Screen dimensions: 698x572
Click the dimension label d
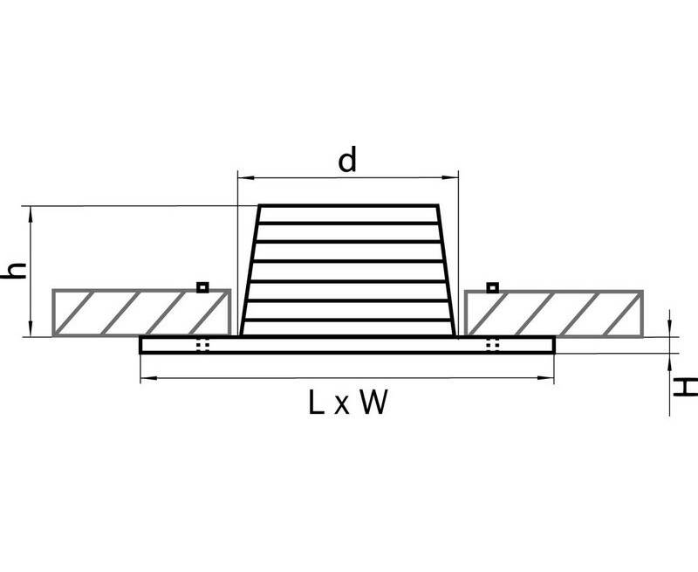coord(347,162)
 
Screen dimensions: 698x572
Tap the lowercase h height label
coord(14,272)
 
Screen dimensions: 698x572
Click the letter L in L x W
coord(316,403)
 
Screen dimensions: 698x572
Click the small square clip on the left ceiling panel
coord(202,287)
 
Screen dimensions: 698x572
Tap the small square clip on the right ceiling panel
coord(492,287)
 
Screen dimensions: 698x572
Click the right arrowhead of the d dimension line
coord(450,178)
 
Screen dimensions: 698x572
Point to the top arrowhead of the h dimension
coord(31,214)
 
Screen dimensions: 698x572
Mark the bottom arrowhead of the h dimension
coord(31,328)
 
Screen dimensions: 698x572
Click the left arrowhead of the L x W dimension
coord(148,378)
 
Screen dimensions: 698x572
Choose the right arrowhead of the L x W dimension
coord(546,378)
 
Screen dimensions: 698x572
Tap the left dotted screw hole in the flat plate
coord(202,345)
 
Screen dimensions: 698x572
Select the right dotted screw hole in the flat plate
coord(492,345)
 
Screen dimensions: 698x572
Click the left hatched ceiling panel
coord(141,313)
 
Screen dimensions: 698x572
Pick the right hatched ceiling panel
coord(554,313)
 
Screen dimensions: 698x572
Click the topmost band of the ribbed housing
coord(348,214)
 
